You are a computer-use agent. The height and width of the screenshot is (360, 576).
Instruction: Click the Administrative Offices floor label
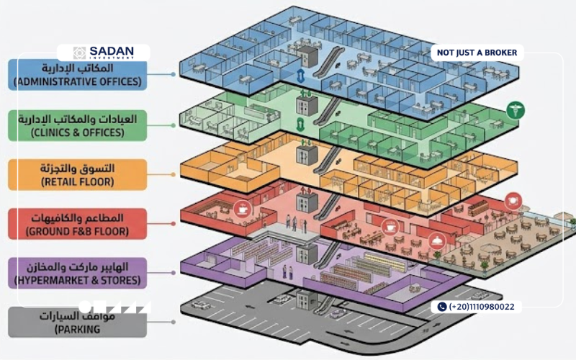coord(78,75)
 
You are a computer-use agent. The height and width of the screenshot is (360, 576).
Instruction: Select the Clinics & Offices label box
coord(78,125)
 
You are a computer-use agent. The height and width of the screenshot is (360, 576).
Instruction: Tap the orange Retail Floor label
coord(78,174)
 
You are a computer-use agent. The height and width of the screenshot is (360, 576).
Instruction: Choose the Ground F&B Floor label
coord(78,224)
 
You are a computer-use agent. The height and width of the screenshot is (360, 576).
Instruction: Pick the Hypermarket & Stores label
coord(78,273)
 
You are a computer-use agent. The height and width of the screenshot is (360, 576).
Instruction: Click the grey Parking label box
coord(78,322)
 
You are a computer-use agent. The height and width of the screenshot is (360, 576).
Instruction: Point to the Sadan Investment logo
coord(103,53)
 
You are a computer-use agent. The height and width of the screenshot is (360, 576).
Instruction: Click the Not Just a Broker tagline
coord(477,53)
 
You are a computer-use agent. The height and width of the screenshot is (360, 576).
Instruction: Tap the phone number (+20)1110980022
coord(482,307)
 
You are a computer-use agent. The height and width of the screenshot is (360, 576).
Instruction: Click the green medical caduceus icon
coord(516,110)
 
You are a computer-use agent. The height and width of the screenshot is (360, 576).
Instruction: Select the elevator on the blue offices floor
coord(307,57)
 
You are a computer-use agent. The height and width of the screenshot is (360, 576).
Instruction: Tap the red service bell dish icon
coord(437,241)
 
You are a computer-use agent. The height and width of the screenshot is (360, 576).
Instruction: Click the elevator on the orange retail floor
coord(307,155)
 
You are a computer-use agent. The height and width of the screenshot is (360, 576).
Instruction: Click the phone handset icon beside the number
coord(442,307)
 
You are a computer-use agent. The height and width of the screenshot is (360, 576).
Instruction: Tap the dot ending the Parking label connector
coord(173,322)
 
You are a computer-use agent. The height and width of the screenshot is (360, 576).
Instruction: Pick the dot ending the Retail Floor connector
coord(173,174)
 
